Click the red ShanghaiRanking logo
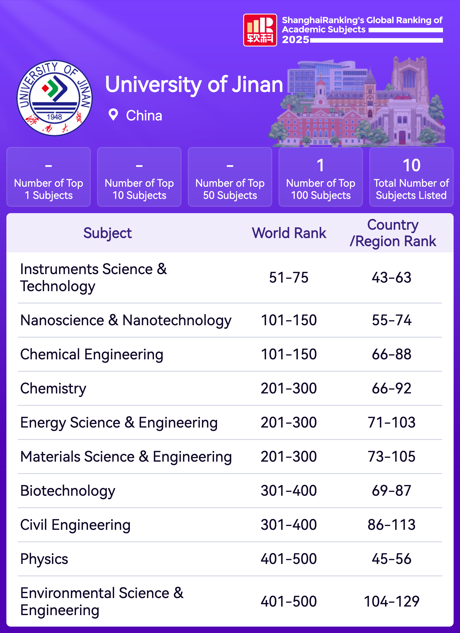pos(260,30)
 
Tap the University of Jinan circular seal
pos(55,98)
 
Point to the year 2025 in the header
pos(295,40)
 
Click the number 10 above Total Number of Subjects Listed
pos(411,165)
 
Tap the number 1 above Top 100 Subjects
pos(321,165)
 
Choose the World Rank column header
pos(289,233)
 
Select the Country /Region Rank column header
pos(393,233)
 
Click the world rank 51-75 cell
pos(289,277)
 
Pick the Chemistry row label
pos(53,388)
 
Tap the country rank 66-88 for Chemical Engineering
pos(391,354)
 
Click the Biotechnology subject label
pos(68,491)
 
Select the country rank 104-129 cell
pos(391,601)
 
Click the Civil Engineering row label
pos(75,525)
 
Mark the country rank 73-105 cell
pos(391,457)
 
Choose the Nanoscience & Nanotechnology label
pos(126,320)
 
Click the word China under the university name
pos(144,116)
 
